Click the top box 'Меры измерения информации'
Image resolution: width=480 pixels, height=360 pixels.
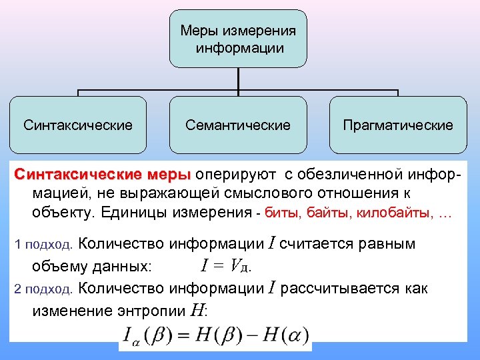238,39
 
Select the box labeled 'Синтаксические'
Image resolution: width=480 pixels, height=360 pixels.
78,125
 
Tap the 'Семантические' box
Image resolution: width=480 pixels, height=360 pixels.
238,125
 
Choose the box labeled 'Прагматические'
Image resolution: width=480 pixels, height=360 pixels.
398,125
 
